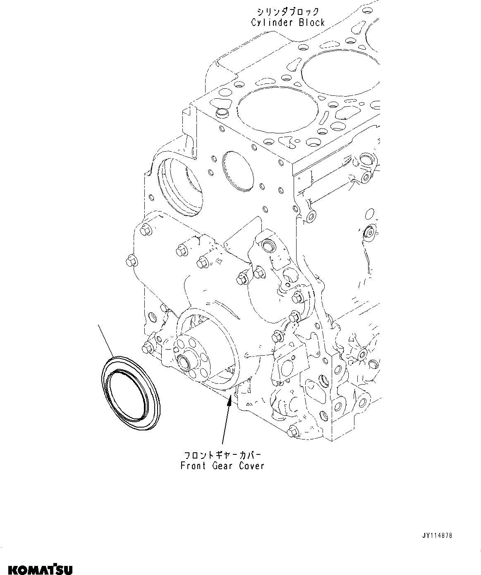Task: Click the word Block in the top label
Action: click(311, 23)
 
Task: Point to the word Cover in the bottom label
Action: click(251, 466)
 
